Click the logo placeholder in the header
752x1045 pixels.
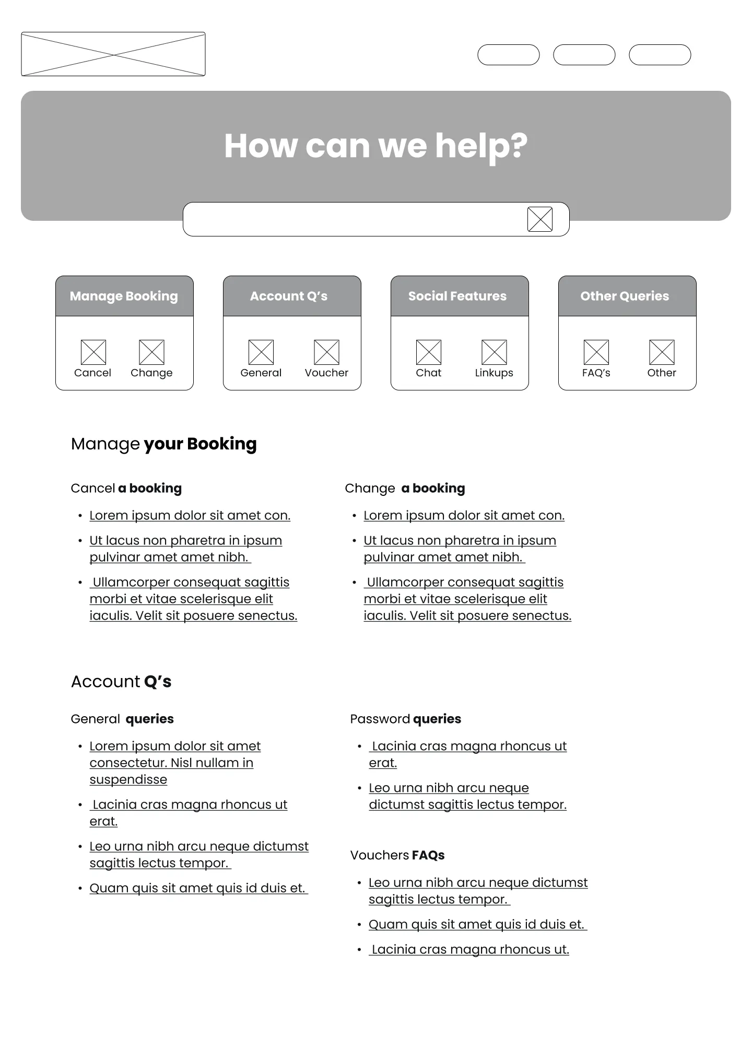(x=113, y=54)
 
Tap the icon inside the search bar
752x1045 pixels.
(x=539, y=219)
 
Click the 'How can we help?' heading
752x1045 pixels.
(x=375, y=146)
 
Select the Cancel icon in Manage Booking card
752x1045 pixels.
(x=93, y=352)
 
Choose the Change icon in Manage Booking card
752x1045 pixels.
(x=151, y=352)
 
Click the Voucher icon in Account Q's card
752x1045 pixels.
(x=326, y=352)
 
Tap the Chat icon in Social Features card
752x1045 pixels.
(x=429, y=352)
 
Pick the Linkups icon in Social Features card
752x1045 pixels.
(x=494, y=352)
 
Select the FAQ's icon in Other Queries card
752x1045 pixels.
(x=596, y=352)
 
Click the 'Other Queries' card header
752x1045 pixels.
(x=627, y=296)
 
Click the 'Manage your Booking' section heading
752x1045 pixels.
(x=163, y=444)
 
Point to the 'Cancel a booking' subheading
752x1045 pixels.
(x=126, y=488)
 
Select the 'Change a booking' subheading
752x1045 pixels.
(x=405, y=488)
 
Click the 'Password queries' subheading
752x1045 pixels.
(x=405, y=719)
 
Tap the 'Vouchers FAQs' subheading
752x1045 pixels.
(x=397, y=855)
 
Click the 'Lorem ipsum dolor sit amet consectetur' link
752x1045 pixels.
(x=174, y=762)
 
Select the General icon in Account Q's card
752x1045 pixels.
(x=261, y=352)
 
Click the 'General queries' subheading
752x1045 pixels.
(x=122, y=719)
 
